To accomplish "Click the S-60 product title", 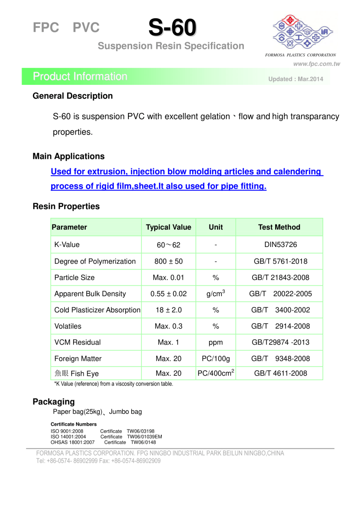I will click(172, 28).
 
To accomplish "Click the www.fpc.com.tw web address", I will click(316, 64).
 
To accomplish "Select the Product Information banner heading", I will click(80, 76).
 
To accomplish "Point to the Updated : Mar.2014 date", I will click(295, 79).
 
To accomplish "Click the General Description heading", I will click(73, 96).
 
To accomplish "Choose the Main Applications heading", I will click(68, 156).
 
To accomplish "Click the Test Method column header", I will click(279, 227).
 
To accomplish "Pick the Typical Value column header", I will click(168, 227).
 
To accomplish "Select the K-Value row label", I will click(67, 245).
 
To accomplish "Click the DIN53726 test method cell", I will click(280, 245).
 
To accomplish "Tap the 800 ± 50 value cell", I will click(168, 261).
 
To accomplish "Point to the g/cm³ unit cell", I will click(216, 293).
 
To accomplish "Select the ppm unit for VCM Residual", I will click(216, 343).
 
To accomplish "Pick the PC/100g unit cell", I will click(216, 359).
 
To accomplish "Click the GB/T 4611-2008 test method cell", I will click(280, 374).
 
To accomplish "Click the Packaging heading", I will click(53, 402).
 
